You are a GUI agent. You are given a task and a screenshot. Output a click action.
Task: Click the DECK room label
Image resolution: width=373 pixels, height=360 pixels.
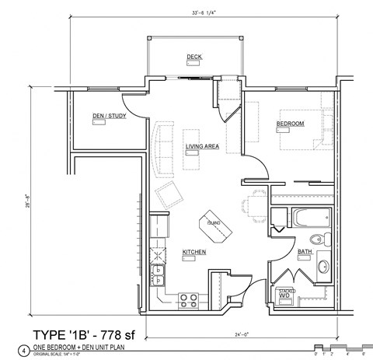point(193,57)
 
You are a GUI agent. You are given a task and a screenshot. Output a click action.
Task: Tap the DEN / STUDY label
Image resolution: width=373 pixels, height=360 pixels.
point(109,117)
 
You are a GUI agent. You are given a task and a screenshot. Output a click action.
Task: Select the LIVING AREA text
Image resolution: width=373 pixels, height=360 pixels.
point(200,146)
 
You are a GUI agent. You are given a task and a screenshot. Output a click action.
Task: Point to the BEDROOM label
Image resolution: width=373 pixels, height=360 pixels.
point(290,124)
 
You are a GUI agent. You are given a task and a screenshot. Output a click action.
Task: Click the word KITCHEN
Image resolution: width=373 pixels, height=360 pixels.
point(193,252)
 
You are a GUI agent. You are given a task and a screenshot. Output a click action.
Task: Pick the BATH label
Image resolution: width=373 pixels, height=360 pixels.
point(304,251)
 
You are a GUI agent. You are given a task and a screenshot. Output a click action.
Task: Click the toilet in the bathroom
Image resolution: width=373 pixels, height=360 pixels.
point(316,240)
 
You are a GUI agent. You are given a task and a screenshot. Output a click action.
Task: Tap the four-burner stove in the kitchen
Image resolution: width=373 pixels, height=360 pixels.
point(187,297)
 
